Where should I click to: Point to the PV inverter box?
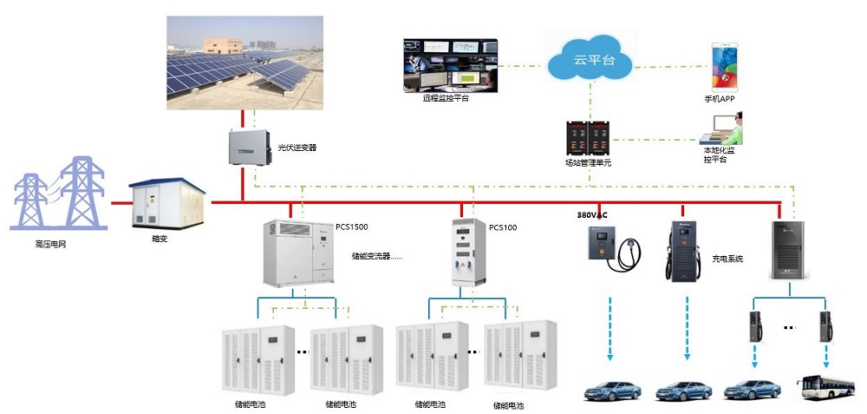[248, 147]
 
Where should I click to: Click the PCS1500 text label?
[352, 227]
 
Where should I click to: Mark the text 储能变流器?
[371, 256]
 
